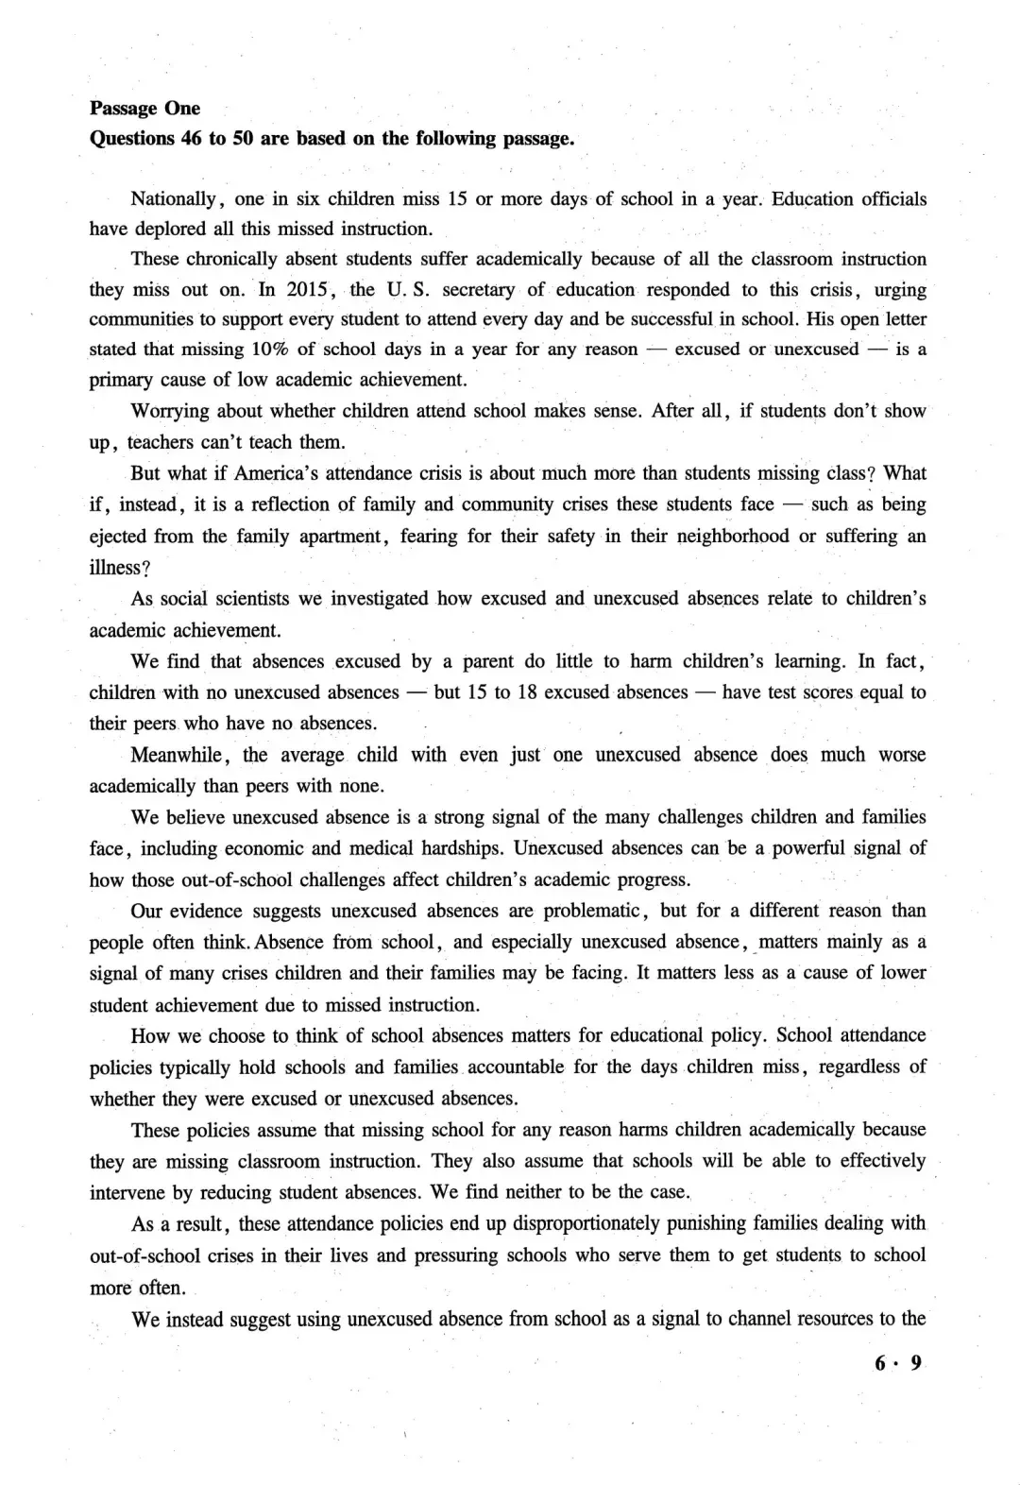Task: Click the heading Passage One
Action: pos(144,109)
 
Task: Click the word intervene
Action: pos(127,1192)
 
